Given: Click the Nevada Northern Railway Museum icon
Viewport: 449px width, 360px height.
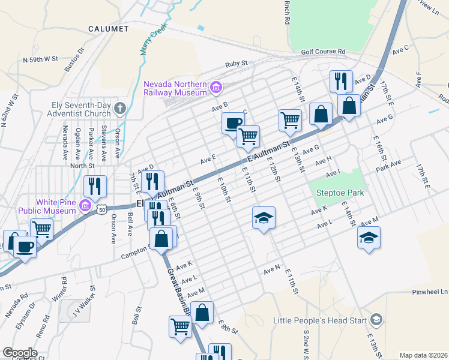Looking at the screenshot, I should (x=216, y=89).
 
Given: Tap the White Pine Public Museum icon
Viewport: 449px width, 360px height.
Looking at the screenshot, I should (x=85, y=207).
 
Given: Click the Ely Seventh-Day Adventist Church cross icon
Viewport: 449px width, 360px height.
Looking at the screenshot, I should (x=119, y=109).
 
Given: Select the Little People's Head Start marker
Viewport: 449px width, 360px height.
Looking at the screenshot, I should (x=376, y=319).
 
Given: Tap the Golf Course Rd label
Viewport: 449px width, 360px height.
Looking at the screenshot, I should (x=324, y=52).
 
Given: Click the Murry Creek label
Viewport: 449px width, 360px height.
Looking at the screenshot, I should (x=153, y=41).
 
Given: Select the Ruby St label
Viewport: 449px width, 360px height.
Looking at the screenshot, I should (x=237, y=64).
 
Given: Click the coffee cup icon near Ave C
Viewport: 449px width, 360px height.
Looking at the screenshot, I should (x=232, y=123).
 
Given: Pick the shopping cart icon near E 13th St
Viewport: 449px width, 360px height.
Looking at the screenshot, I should (x=290, y=119).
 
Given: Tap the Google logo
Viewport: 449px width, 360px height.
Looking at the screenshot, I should (x=19, y=353).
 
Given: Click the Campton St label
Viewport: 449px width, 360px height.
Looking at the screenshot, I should (x=135, y=255).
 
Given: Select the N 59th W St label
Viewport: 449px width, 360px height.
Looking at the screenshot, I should (x=40, y=59).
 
